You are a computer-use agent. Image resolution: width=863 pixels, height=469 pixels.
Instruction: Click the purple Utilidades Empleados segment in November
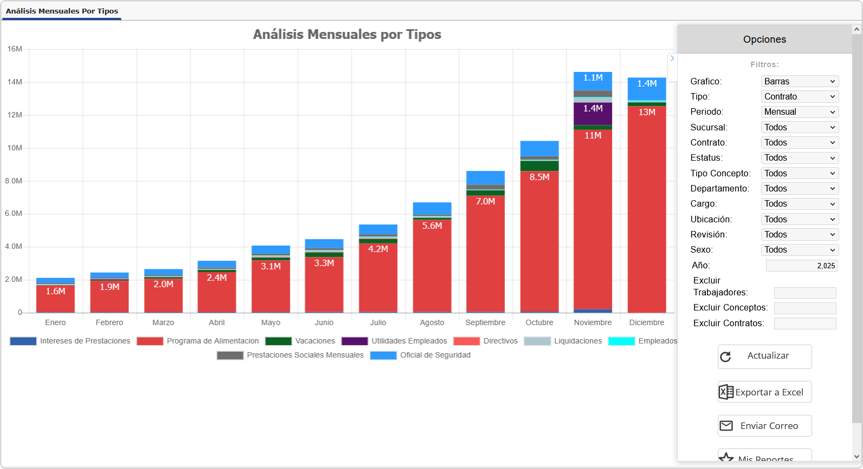point(593,114)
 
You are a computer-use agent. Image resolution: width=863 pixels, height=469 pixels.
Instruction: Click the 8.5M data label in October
point(539,177)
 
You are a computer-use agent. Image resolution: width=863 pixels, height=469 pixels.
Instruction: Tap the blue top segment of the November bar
point(593,81)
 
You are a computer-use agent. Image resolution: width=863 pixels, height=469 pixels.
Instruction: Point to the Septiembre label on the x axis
point(485,322)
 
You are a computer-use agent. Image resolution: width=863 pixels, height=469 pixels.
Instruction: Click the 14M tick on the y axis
point(15,82)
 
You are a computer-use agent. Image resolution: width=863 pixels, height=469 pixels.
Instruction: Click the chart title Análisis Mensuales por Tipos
point(347,34)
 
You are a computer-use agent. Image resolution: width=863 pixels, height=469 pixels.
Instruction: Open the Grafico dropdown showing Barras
point(800,81)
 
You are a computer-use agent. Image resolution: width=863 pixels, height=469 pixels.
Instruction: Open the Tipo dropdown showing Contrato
point(800,96)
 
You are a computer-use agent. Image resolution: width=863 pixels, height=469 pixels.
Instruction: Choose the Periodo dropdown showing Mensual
point(800,111)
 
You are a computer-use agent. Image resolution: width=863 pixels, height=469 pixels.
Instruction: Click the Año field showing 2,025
point(801,265)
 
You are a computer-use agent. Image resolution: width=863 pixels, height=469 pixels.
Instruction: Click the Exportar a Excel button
point(764,392)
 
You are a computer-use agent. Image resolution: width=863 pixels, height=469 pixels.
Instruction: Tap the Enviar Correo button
point(764,426)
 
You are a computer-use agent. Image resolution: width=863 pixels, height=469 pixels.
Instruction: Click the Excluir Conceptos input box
point(804,308)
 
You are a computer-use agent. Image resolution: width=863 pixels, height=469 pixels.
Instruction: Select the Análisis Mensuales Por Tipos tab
point(62,11)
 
